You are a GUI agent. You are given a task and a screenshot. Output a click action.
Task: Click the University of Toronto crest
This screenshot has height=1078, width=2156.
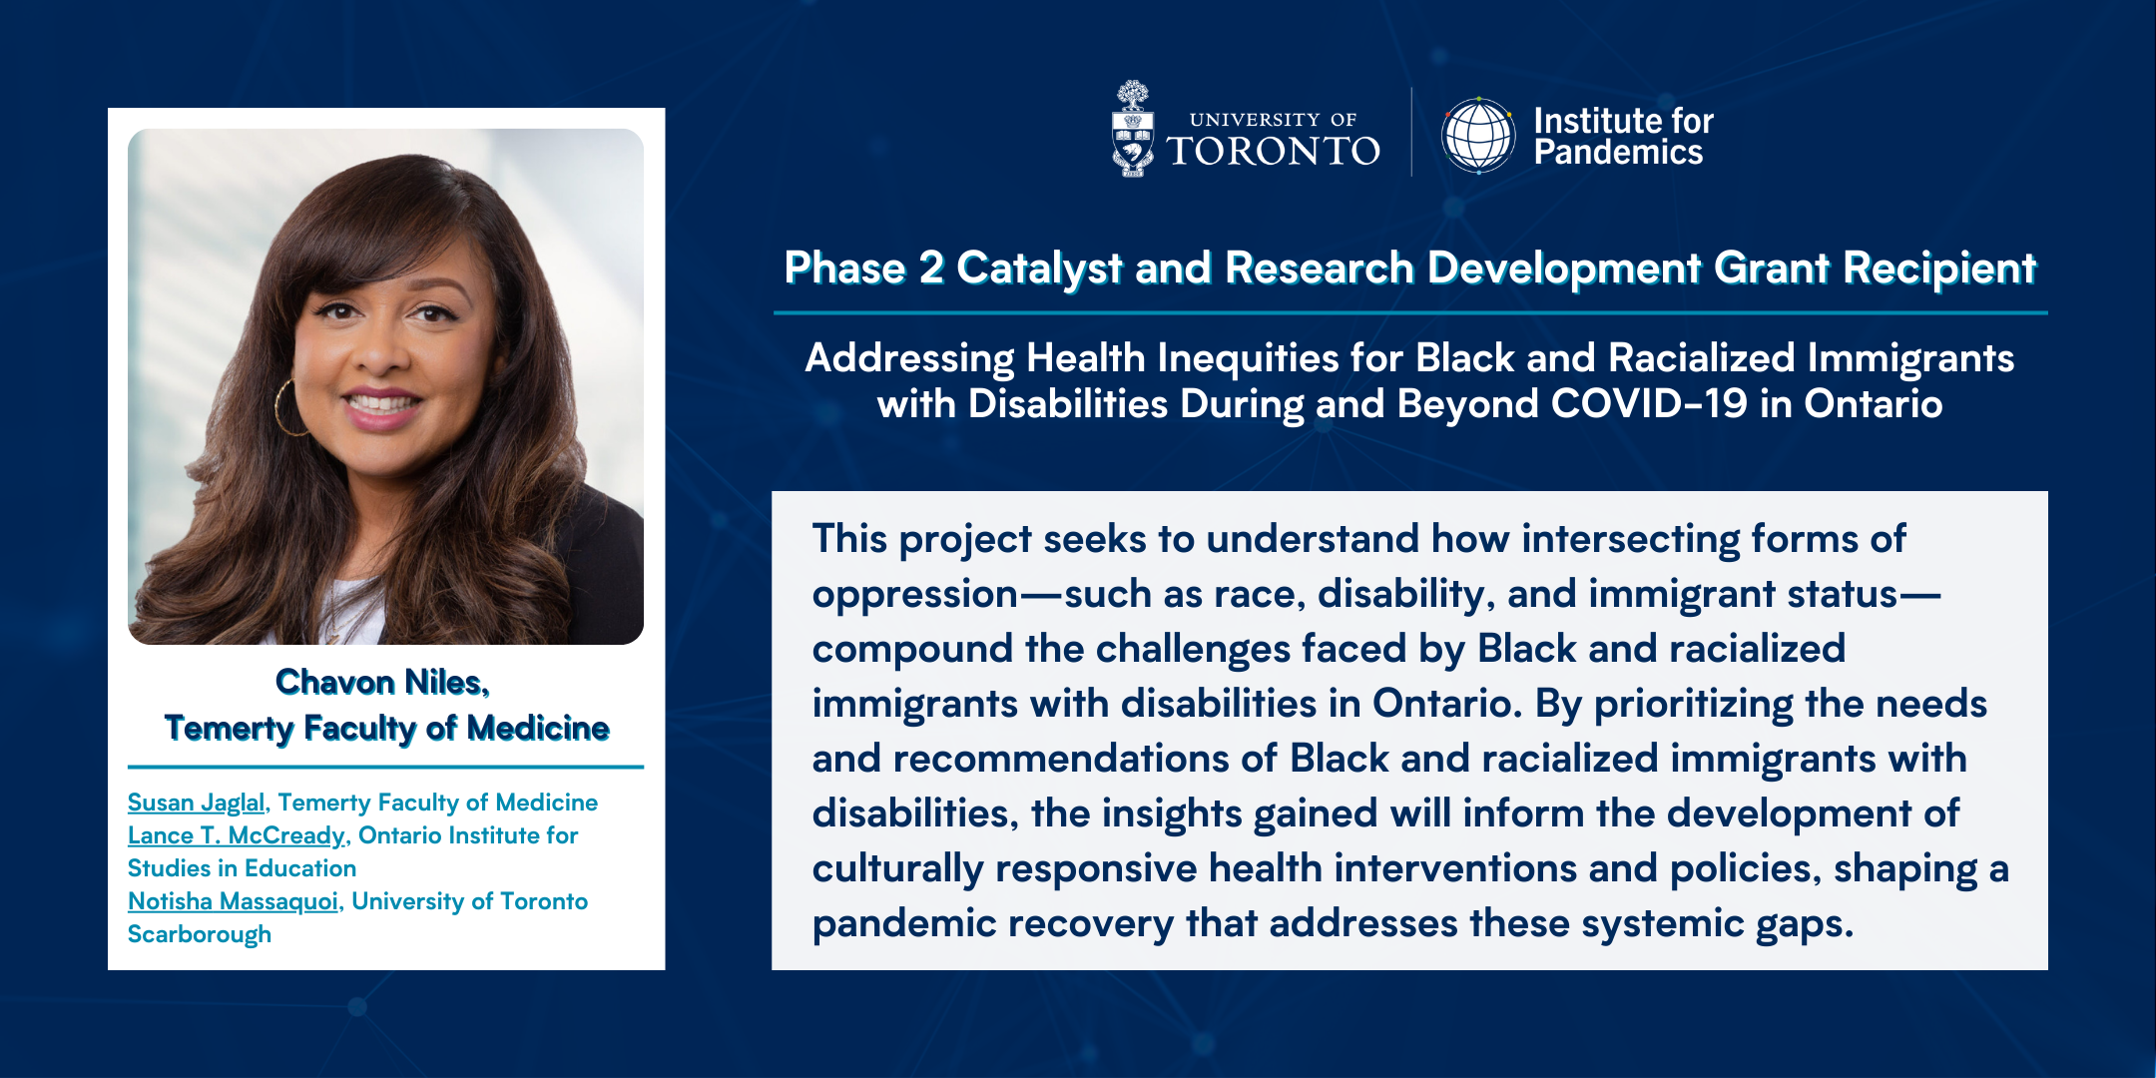click(x=1133, y=129)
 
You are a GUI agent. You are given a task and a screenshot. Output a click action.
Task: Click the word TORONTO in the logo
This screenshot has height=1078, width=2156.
click(x=1274, y=151)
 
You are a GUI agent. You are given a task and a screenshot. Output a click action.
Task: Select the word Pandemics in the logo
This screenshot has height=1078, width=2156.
click(x=1618, y=152)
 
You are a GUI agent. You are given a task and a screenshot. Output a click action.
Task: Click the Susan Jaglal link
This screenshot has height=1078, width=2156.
click(x=197, y=803)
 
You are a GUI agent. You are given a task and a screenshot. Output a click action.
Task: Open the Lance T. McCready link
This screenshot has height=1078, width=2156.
click(x=237, y=835)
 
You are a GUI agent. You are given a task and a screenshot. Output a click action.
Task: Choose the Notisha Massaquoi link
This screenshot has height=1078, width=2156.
click(x=233, y=901)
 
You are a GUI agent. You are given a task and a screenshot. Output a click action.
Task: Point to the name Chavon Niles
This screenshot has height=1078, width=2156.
click(x=381, y=682)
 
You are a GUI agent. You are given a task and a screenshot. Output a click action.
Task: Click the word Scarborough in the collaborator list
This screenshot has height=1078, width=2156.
click(x=200, y=935)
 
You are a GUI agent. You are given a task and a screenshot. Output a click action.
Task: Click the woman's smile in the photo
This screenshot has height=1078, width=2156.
click(x=382, y=404)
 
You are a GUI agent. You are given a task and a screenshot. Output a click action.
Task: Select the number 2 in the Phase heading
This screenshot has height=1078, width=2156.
click(x=930, y=268)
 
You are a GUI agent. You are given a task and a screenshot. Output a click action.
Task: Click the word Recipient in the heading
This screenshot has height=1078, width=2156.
click(x=1938, y=268)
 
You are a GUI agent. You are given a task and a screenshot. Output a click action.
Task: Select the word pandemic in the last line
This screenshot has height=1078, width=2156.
click(x=903, y=924)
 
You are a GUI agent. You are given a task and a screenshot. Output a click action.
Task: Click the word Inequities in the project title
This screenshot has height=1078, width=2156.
click(x=1248, y=358)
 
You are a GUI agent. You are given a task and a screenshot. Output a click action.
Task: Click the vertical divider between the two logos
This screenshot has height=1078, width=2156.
click(x=1411, y=132)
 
